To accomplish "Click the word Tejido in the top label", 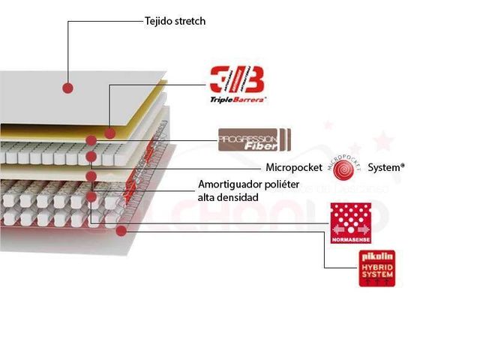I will [x=160, y=21].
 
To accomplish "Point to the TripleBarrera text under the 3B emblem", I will [x=236, y=99].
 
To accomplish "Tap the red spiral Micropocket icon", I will [x=346, y=168].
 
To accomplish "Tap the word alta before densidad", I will [x=207, y=197].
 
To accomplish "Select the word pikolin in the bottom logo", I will [x=376, y=257].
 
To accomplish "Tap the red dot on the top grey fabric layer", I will [x=67, y=87].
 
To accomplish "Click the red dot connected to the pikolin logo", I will [x=121, y=229].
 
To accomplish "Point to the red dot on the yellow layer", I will [x=110, y=133].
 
